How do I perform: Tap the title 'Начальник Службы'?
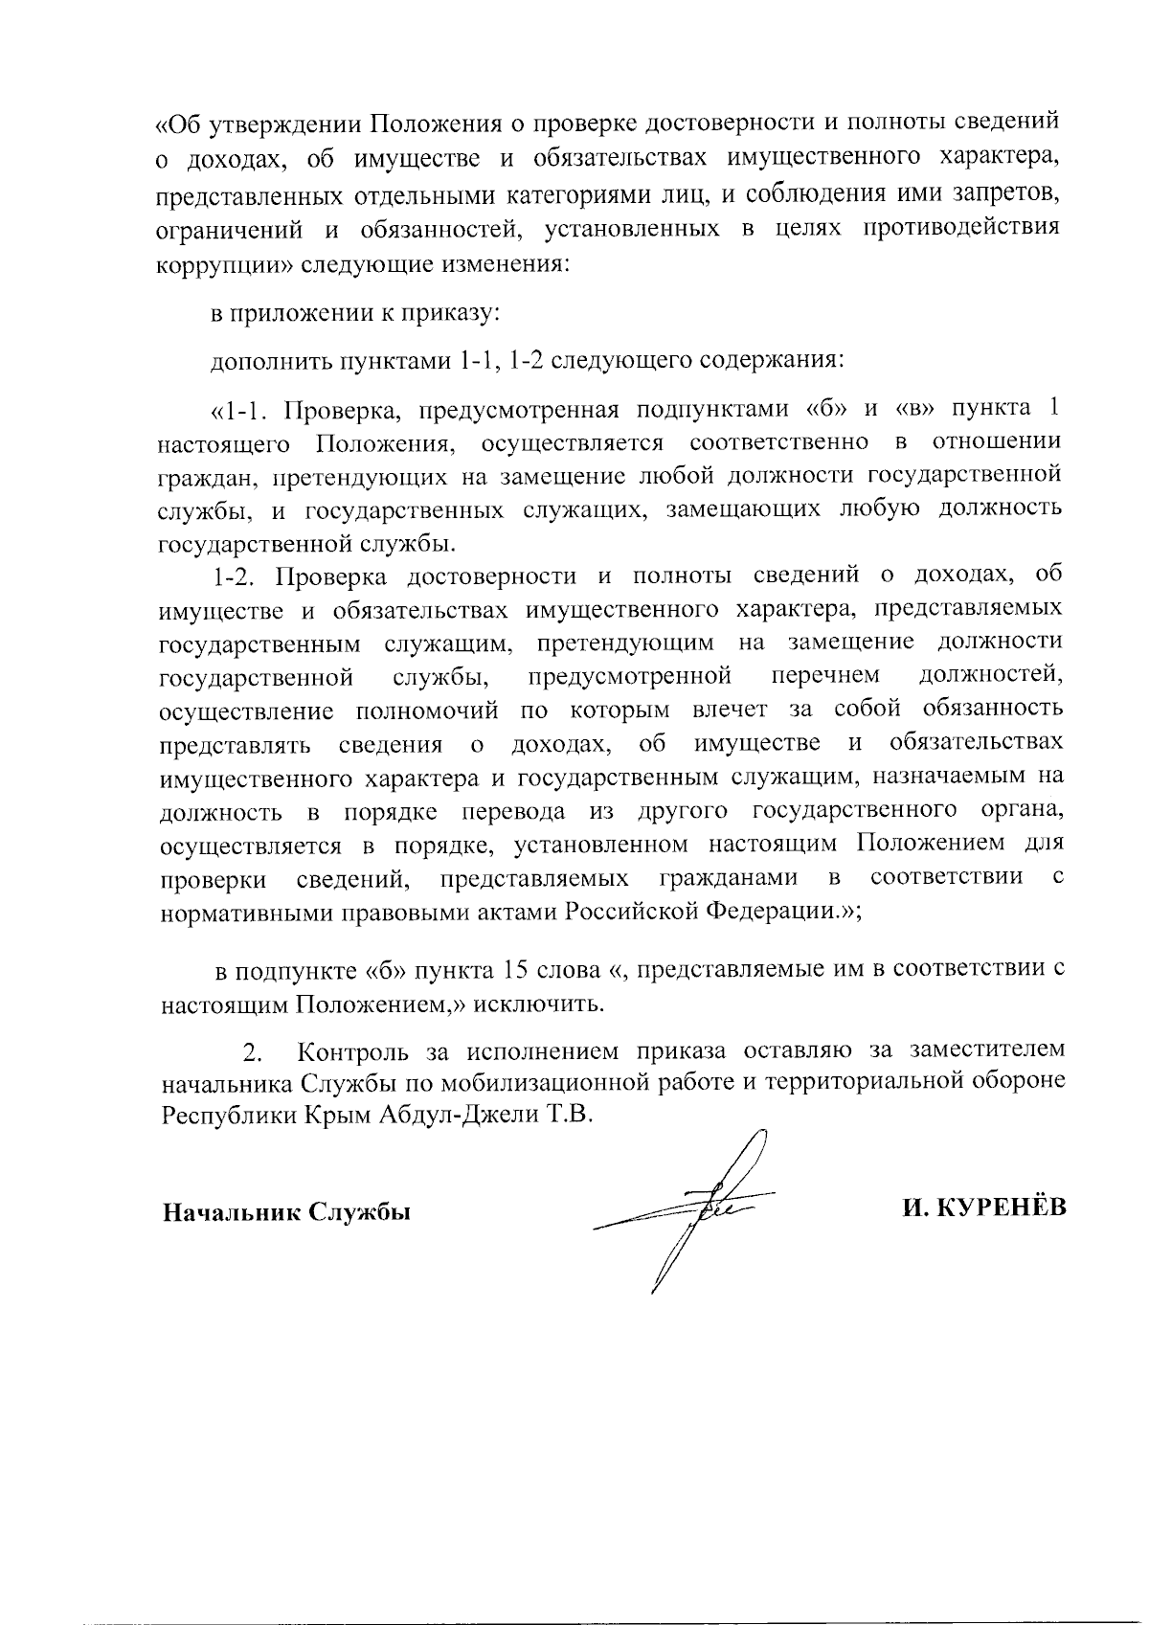click(285, 1212)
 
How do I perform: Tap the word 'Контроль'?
click(353, 1051)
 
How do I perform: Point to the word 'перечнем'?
click(825, 676)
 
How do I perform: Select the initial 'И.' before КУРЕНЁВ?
click(915, 1209)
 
